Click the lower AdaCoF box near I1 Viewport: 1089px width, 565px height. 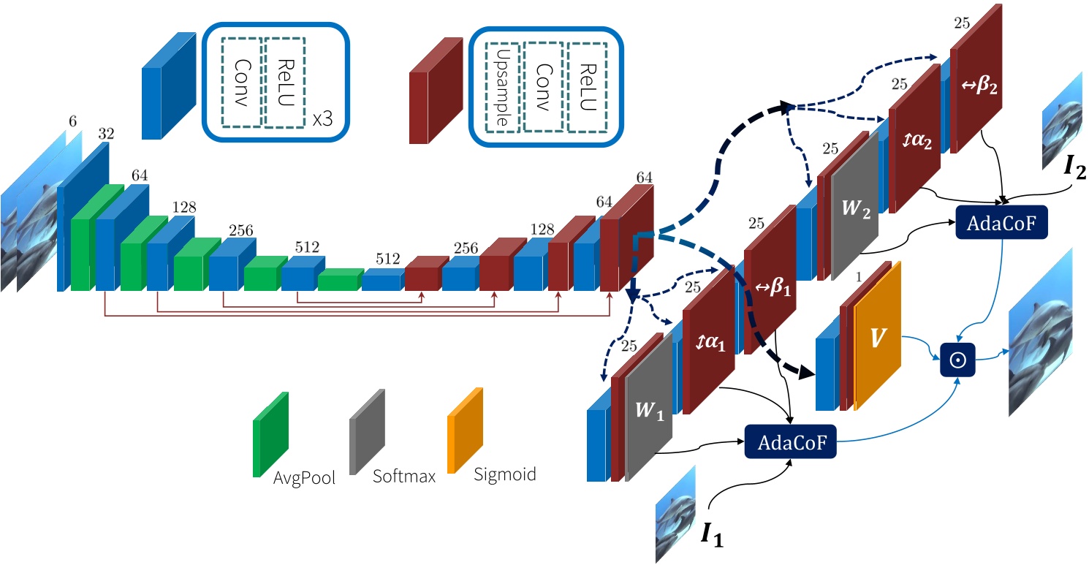(x=789, y=442)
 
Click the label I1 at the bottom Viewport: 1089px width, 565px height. (x=713, y=535)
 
